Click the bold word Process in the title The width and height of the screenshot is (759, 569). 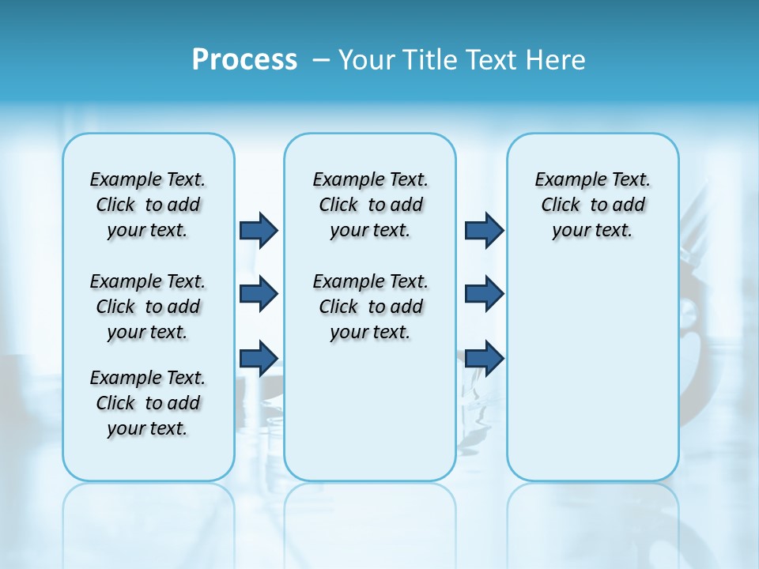(x=244, y=60)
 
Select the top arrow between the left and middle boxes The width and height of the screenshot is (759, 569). (x=259, y=230)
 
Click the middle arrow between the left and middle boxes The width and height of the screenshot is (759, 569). (x=259, y=294)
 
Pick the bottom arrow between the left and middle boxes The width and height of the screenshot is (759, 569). (x=259, y=358)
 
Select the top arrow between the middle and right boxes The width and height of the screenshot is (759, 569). (x=484, y=230)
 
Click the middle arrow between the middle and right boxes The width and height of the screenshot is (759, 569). (x=484, y=294)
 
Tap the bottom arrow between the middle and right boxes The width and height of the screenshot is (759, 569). (x=484, y=358)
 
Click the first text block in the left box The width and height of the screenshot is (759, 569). (x=148, y=205)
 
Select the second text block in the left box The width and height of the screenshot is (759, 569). (x=148, y=307)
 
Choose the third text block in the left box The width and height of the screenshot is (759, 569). (x=148, y=403)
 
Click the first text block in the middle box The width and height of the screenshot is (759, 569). (x=370, y=205)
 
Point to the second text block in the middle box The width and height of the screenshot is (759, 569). (x=370, y=307)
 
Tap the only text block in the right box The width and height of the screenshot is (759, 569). (x=592, y=205)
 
